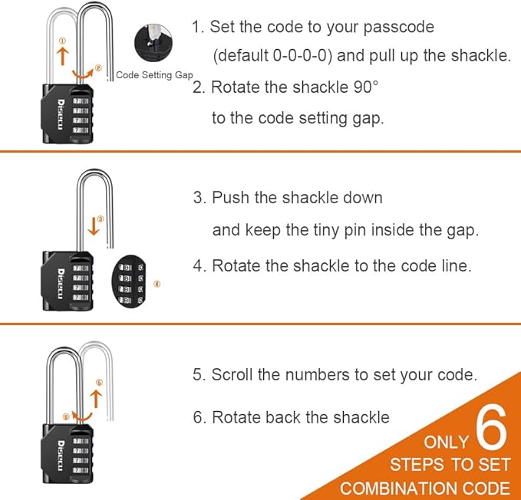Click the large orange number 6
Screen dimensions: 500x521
tap(491, 430)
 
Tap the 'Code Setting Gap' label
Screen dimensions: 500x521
tap(154, 75)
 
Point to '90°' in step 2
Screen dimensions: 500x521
tap(364, 87)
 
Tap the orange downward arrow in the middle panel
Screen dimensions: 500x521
tap(93, 225)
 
